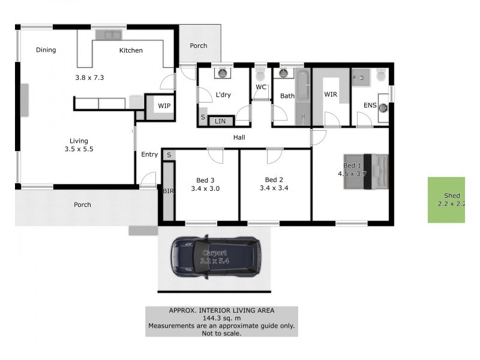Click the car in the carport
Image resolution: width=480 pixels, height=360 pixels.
(215, 257)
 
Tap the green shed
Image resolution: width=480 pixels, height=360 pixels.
(446, 200)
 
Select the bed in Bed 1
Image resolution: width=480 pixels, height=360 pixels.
(367, 172)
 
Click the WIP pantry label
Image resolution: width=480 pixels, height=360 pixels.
(164, 106)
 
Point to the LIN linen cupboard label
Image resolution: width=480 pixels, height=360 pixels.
(220, 121)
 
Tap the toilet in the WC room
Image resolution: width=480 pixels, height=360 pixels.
(260, 74)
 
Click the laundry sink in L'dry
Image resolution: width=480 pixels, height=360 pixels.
(223, 73)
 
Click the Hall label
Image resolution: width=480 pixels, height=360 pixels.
(239, 137)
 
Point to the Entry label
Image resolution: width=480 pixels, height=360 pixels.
(149, 155)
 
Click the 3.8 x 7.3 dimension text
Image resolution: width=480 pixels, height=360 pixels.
(90, 77)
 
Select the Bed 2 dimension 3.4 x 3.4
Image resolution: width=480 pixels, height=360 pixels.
(274, 188)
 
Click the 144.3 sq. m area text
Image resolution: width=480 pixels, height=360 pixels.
(221, 318)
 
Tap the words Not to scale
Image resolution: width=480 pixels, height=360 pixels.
(221, 333)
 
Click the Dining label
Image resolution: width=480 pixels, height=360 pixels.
(46, 50)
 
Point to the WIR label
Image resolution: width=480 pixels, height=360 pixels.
(331, 95)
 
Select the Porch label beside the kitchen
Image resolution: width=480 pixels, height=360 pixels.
(199, 46)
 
